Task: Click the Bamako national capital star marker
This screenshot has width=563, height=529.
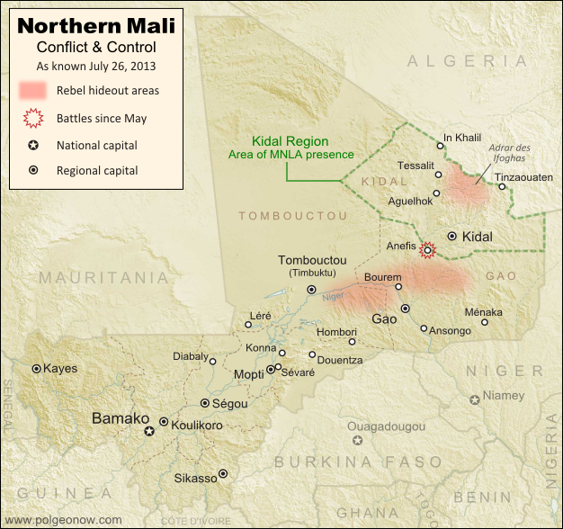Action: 150,432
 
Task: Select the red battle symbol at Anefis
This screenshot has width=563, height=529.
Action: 428,250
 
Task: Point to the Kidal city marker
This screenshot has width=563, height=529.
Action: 451,236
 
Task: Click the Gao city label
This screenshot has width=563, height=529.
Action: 384,319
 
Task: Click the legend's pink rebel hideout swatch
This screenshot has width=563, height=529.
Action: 33,90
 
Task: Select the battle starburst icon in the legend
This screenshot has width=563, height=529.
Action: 33,117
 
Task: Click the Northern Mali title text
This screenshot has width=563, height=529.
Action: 96,22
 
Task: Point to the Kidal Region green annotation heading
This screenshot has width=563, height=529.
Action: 290,141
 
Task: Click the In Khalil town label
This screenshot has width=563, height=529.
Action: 463,139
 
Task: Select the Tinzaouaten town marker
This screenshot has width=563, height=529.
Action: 502,187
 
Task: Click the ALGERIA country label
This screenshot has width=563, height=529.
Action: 467,60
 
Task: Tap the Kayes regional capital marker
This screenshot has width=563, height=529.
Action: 37,368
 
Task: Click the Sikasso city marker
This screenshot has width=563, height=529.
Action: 223,473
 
